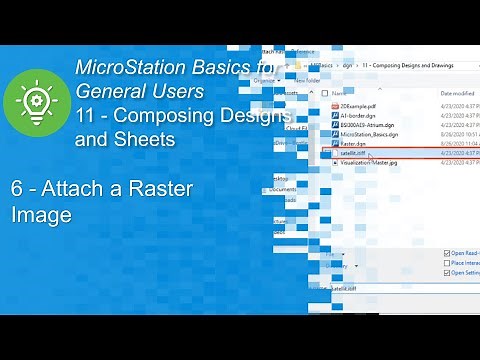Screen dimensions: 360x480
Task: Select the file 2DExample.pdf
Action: point(360,105)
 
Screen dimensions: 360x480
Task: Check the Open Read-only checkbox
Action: point(446,254)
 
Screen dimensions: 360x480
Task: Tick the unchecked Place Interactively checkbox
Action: point(446,263)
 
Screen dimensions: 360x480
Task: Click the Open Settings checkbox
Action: point(446,272)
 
